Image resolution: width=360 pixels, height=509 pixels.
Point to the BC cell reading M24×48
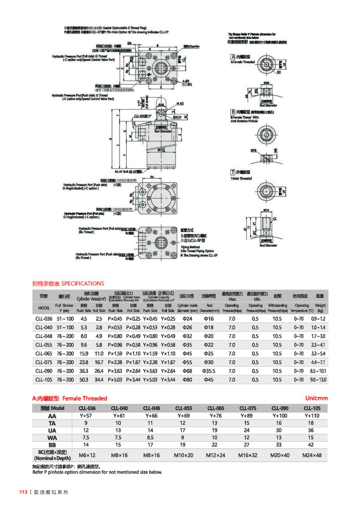pos(312,455)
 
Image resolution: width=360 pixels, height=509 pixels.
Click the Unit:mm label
pos(316,398)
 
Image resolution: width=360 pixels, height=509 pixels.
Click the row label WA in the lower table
pos(52,437)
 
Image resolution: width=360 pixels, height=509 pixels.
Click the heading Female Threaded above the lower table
pos(85,398)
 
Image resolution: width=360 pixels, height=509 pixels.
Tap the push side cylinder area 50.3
pos(83,379)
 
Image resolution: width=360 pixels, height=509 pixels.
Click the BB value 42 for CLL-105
pos(312,445)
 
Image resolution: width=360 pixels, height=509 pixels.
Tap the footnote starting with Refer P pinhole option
pos(97,472)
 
